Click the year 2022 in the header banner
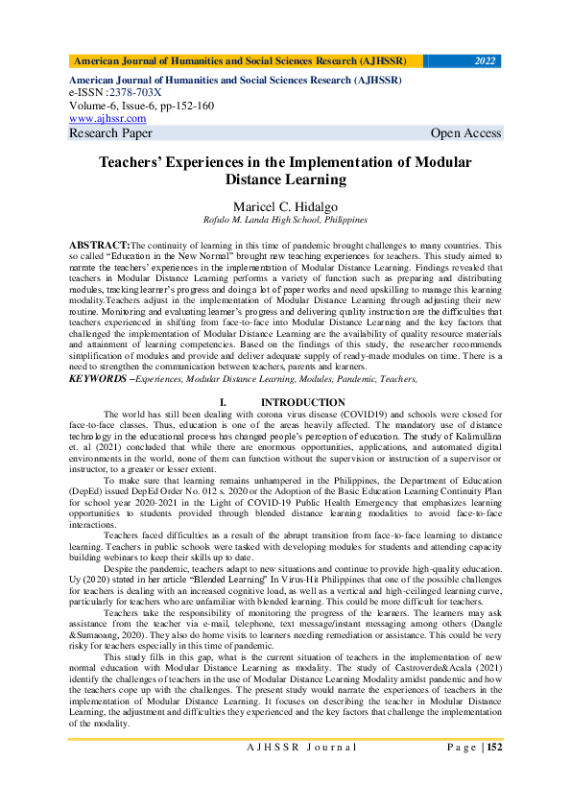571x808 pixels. click(x=485, y=61)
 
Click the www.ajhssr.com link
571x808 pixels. click(x=107, y=118)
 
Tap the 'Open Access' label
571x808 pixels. click(x=465, y=133)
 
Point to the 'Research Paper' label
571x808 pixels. click(x=110, y=133)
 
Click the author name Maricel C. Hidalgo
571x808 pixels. click(x=285, y=206)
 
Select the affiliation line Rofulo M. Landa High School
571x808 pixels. click(x=285, y=220)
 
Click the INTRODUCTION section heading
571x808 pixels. click(x=303, y=403)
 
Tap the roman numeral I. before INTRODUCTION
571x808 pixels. click(x=223, y=403)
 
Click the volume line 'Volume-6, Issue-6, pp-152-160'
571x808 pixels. click(x=141, y=106)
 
